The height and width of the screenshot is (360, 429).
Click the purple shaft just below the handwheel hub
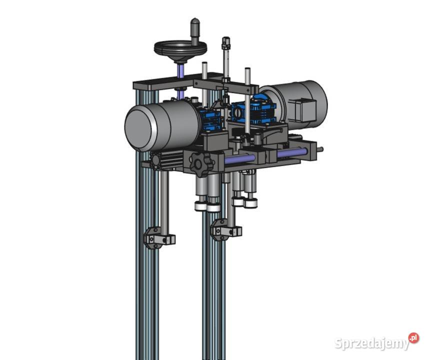point(180,70)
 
